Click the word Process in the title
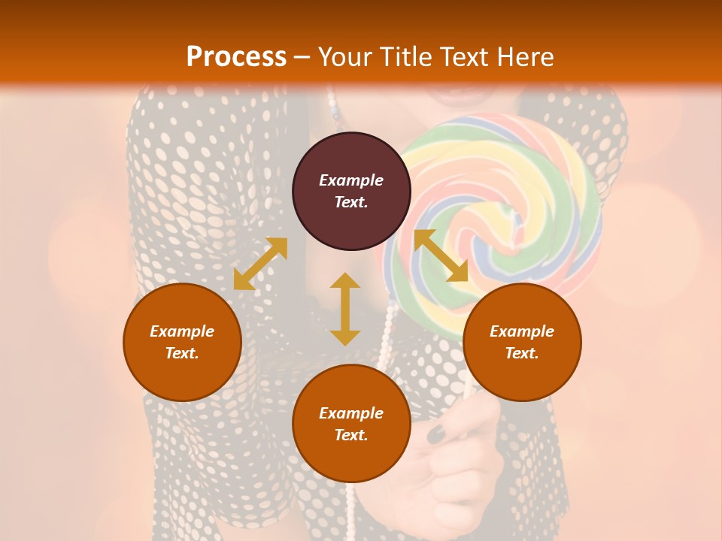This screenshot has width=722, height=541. coord(236,57)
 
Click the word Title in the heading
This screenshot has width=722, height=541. coord(399,57)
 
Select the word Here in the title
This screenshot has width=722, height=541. coord(526,57)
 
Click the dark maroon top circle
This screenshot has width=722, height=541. coord(351,191)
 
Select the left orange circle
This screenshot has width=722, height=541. coord(182,342)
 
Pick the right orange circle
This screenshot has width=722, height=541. coord(522,342)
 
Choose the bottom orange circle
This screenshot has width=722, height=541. coord(351,424)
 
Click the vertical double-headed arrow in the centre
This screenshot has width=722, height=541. coord(345,309)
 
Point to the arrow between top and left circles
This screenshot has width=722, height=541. coord(260,263)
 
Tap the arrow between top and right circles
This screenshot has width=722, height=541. coord(441,255)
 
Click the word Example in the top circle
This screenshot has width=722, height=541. coord(351,180)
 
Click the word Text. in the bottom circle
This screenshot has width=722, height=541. coord(351,435)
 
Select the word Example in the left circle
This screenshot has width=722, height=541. coord(182,331)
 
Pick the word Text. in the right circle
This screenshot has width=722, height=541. coord(522,353)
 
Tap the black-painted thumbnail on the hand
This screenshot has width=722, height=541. coord(436,432)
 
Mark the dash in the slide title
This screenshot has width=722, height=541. coord(302,58)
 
